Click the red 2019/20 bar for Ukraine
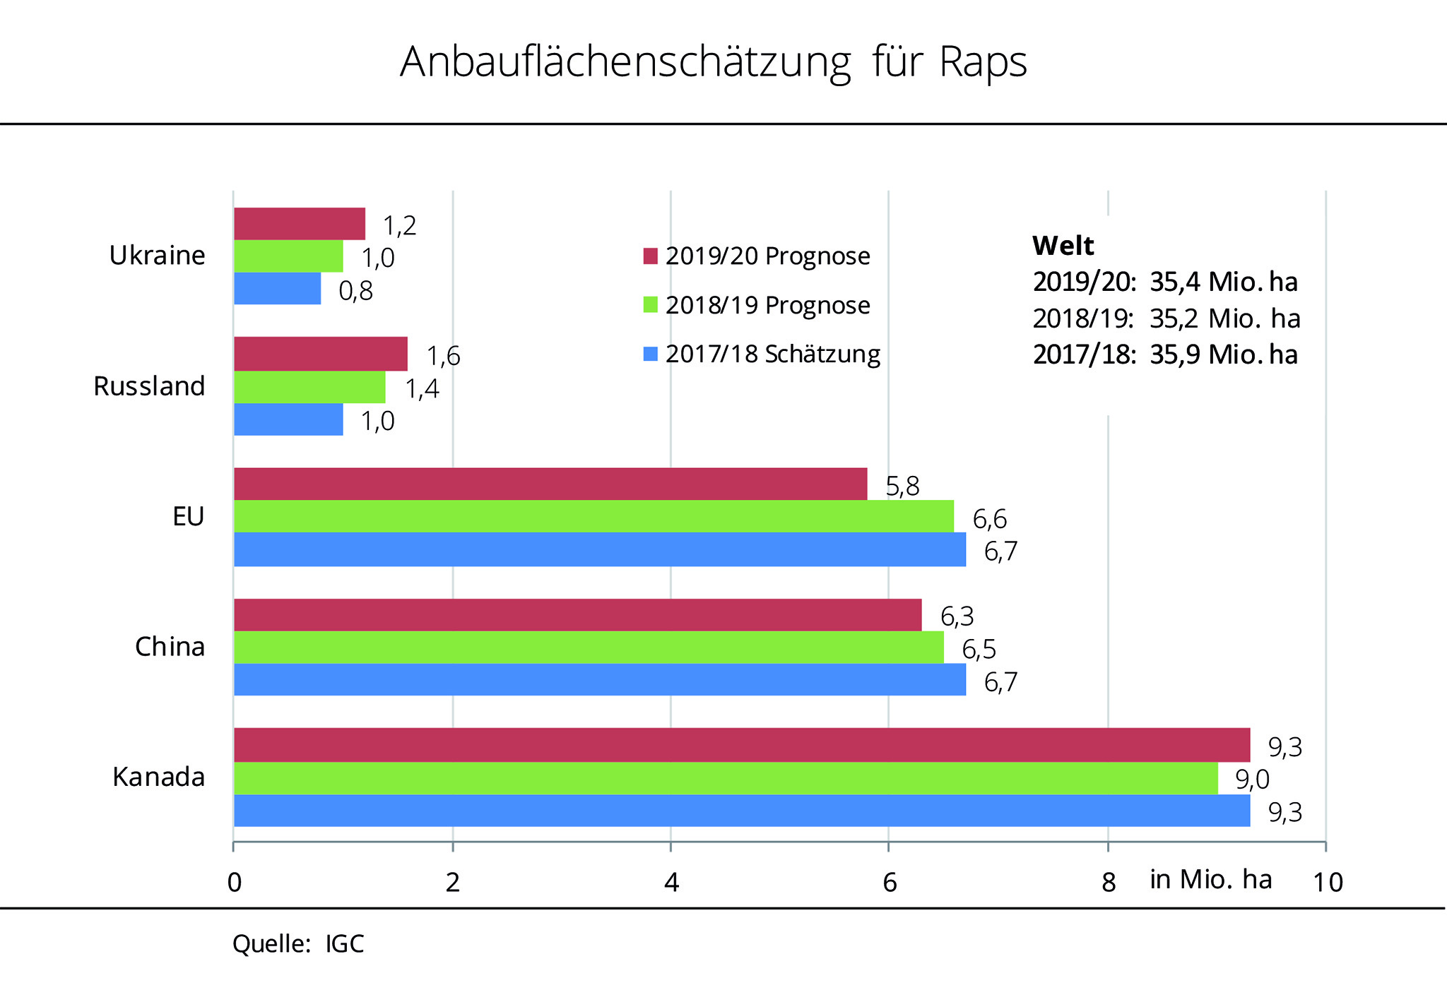click(300, 224)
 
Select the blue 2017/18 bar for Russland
click(288, 419)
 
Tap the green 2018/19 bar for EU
click(593, 516)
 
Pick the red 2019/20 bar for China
click(577, 615)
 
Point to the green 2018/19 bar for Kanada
click(726, 778)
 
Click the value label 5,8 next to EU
click(902, 487)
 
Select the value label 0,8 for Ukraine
click(355, 291)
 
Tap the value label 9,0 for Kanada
click(1252, 780)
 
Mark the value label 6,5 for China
click(979, 650)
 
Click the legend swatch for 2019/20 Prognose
click(650, 256)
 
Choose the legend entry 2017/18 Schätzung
click(772, 354)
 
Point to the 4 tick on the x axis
click(671, 882)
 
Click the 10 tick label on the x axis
click(1328, 883)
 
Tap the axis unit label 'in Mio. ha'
click(1211, 879)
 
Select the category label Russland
click(149, 386)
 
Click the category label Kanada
click(158, 777)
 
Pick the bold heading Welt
click(1063, 246)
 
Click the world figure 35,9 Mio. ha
click(1223, 354)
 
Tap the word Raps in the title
click(983, 62)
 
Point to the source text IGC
click(345, 944)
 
